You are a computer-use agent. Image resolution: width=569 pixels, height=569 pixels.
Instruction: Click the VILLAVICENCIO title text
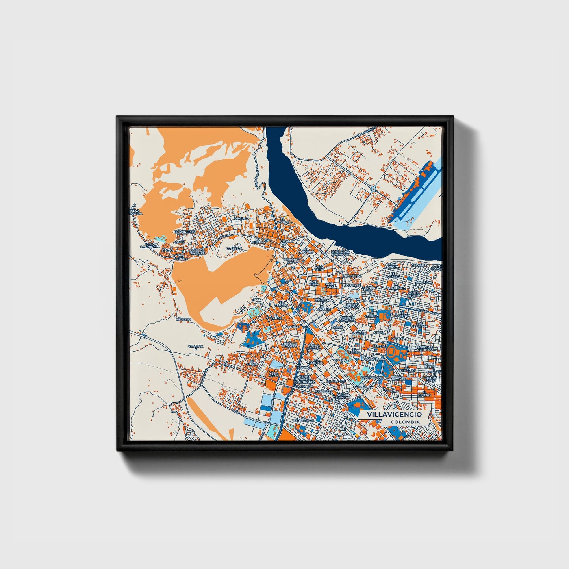(394, 415)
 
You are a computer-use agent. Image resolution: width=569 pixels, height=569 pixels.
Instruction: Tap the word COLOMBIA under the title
(405, 422)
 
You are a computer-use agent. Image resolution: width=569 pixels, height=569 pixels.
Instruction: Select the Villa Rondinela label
(150, 245)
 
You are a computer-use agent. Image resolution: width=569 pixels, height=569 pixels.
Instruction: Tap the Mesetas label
(183, 319)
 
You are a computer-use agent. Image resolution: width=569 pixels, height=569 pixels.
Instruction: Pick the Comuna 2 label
(196, 348)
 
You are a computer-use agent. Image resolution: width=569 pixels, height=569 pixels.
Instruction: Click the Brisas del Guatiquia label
(341, 253)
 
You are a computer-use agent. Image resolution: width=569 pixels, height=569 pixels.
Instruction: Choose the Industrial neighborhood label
(351, 276)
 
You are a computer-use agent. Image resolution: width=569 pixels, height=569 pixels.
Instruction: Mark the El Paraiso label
(393, 275)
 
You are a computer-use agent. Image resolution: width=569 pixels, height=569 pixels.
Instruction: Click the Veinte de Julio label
(352, 306)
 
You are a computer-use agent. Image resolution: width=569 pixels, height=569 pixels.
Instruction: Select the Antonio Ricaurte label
(347, 319)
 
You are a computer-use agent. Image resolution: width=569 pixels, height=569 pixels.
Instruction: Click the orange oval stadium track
(392, 350)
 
